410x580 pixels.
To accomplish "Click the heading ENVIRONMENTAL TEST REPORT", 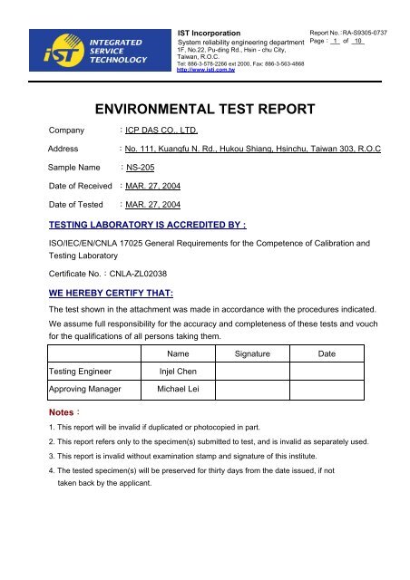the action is (205, 110).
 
